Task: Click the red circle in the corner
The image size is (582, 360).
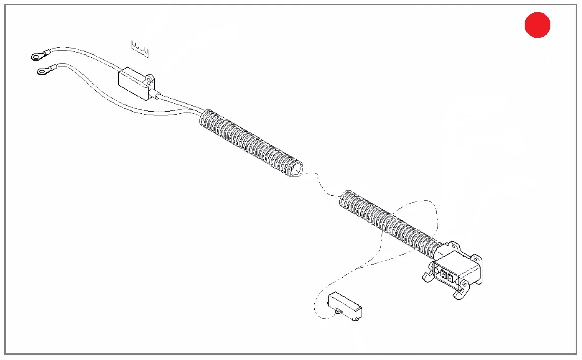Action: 538,25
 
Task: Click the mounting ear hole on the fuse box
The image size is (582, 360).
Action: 150,80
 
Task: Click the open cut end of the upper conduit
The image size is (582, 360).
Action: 296,170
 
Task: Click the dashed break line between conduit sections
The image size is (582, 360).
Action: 321,183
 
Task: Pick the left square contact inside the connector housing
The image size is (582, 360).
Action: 443,275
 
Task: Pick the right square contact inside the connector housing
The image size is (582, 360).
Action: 450,278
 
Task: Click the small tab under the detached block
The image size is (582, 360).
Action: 338,311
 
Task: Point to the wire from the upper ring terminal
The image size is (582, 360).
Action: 87,53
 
